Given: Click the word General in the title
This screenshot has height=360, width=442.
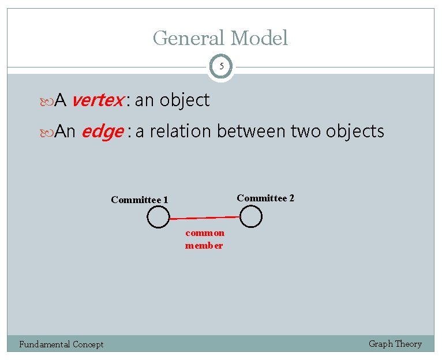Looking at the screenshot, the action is click(x=189, y=39).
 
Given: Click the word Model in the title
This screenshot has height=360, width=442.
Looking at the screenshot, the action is click(x=259, y=39).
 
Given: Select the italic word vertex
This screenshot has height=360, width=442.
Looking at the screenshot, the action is click(x=97, y=100).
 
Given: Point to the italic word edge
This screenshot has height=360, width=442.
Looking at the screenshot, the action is click(x=102, y=132).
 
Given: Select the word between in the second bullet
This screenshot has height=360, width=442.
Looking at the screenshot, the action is click(x=251, y=132).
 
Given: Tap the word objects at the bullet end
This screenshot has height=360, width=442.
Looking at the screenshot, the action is click(x=355, y=132).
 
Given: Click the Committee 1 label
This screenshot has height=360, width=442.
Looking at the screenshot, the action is click(x=140, y=200).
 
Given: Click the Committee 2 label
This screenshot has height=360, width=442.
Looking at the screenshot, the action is click(x=265, y=198).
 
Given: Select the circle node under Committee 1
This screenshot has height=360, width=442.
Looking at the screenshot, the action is click(x=158, y=217).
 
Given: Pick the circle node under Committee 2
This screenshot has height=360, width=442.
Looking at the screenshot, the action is click(x=250, y=216).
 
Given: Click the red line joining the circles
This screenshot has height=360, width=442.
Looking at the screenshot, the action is click(x=204, y=218).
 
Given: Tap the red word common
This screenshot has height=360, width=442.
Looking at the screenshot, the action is click(x=205, y=233).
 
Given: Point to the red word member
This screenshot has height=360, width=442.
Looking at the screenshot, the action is click(x=204, y=246).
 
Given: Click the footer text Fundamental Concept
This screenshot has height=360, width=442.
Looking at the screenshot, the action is click(x=61, y=344).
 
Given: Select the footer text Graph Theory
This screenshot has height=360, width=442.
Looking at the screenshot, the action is click(x=395, y=344).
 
